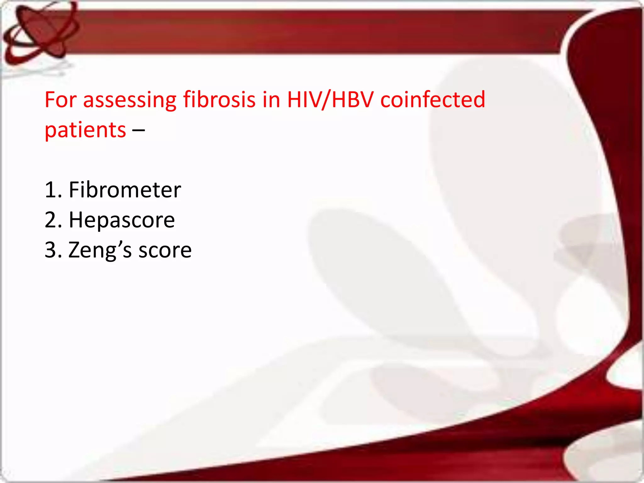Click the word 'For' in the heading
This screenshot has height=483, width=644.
(61, 100)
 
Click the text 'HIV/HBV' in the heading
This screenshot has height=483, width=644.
(330, 100)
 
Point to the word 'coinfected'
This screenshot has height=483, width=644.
(433, 100)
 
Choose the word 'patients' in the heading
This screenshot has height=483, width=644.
(85, 130)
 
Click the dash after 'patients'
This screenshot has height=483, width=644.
(139, 130)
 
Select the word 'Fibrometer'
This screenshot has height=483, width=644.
(125, 190)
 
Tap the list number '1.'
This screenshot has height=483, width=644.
(53, 190)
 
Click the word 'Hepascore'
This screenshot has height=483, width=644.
(122, 220)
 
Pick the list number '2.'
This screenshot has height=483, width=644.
(53, 220)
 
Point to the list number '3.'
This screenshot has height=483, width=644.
(53, 250)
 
